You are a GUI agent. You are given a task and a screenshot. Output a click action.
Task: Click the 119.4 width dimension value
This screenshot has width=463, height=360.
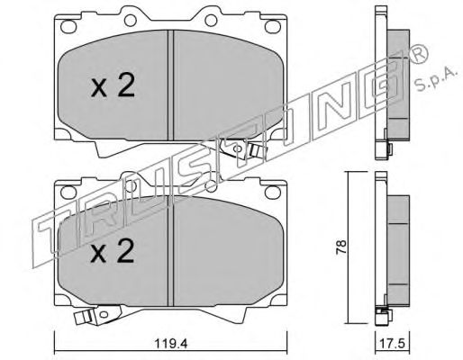tap(171, 344)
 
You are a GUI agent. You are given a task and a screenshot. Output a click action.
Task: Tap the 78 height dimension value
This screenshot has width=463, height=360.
tap(341, 247)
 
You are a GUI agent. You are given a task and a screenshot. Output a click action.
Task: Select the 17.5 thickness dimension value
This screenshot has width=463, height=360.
tap(393, 344)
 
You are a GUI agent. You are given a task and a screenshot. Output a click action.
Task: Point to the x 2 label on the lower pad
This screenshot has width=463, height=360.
tap(113, 251)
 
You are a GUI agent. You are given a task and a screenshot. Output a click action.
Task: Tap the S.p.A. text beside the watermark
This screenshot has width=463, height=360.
tap(436, 78)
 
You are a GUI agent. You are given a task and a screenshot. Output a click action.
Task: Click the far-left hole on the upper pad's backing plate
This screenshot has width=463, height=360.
tap(67, 26)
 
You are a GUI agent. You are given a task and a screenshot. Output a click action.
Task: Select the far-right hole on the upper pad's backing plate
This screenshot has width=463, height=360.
tap(272, 26)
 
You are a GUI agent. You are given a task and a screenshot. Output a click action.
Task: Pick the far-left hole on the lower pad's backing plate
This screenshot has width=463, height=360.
tap(68, 192)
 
